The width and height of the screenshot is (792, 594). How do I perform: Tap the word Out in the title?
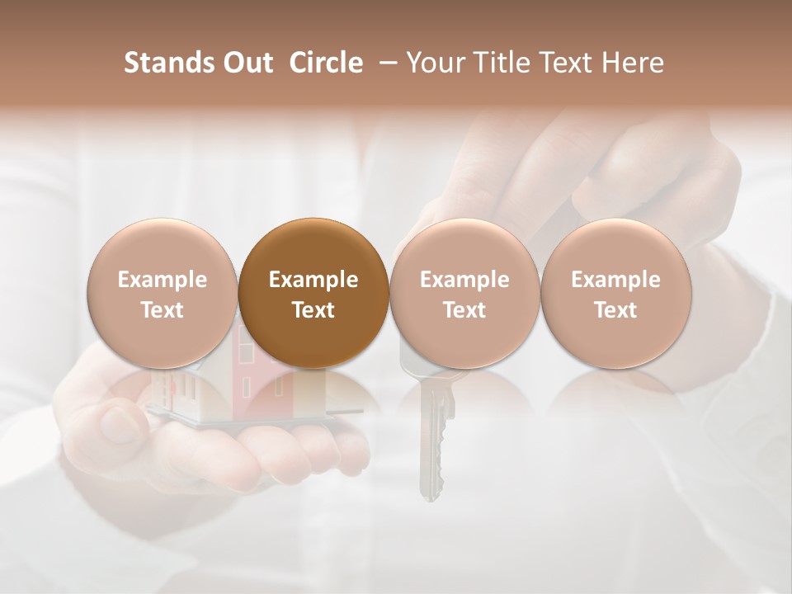[245, 63]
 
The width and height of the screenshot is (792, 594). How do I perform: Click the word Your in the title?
[436, 63]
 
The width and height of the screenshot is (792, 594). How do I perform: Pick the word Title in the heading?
[499, 63]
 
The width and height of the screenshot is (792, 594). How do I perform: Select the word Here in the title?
[631, 63]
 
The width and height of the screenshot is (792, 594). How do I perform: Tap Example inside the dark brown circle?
[313, 280]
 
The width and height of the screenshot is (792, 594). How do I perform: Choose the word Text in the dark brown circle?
[313, 310]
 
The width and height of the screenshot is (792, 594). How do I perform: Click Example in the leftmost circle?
[162, 280]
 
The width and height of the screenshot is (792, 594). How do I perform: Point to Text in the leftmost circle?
[162, 310]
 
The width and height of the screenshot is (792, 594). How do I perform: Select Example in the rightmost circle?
[615, 280]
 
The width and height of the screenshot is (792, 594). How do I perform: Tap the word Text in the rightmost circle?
[615, 310]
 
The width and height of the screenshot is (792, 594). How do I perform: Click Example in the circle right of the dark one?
[464, 280]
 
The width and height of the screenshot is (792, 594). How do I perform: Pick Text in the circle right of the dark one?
[464, 310]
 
